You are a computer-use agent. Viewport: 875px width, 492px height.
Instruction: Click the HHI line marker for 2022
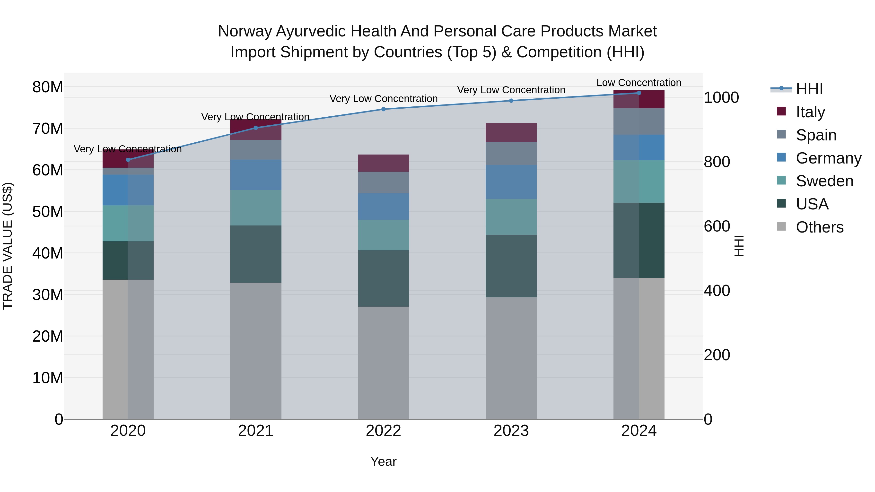click(384, 109)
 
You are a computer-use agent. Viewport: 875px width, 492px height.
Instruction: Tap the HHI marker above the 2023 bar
click(511, 101)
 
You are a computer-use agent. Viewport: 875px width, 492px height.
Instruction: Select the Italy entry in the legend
click(810, 112)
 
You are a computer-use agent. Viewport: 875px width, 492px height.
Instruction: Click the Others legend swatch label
click(819, 227)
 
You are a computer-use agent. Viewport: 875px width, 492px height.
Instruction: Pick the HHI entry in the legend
click(809, 89)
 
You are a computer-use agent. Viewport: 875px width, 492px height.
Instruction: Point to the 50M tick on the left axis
click(48, 212)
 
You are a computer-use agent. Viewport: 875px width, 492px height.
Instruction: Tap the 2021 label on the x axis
click(255, 431)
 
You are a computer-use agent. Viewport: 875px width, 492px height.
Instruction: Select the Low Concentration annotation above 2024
click(639, 83)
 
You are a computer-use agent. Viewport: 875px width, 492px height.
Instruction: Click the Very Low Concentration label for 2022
click(384, 98)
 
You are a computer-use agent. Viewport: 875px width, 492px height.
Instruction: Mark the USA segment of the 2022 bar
click(384, 278)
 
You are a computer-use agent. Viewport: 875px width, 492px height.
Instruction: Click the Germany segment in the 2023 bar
click(511, 182)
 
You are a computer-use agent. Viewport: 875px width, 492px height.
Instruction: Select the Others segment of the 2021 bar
click(255, 350)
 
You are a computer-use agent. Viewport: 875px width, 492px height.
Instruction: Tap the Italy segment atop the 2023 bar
click(511, 132)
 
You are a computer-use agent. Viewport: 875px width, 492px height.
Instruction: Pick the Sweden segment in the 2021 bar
click(255, 207)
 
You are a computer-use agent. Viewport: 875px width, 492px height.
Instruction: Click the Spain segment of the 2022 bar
click(384, 182)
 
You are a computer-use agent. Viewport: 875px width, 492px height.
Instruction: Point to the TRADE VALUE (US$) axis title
click(8, 246)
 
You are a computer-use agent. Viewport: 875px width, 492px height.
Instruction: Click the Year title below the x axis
click(384, 461)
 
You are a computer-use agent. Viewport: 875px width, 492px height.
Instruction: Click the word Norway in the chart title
click(245, 31)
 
